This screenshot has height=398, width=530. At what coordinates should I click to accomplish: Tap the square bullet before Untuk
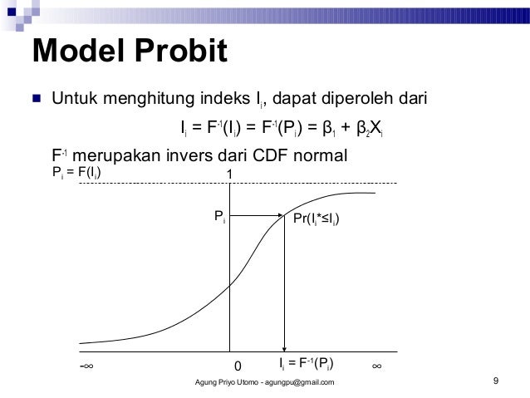pos(37,102)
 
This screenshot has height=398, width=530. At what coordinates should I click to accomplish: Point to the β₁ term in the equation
pos(329,129)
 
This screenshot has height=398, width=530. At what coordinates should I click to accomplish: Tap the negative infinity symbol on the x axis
pos(86,366)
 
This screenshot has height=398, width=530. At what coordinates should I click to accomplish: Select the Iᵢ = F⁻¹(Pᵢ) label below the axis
pos(307,364)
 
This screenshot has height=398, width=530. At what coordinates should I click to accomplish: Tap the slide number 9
pos(495,381)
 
